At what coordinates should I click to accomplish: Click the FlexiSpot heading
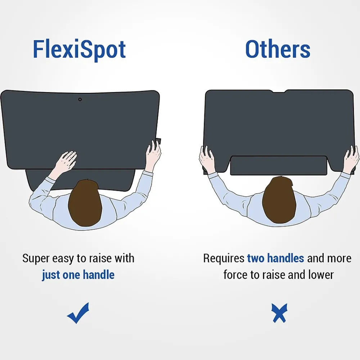tap(79, 50)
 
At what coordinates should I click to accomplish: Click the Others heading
tap(278, 49)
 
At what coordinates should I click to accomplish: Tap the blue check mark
tap(78, 313)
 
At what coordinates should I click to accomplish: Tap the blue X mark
tap(279, 313)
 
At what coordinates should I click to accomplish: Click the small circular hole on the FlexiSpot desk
tap(80, 99)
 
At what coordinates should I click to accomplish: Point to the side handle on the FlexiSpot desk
tap(158, 141)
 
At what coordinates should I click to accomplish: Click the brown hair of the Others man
tap(279, 199)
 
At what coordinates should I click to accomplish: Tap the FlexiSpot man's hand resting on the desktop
tap(66, 161)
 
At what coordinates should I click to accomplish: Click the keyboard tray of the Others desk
tap(279, 165)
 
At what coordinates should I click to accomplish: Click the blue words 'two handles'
tap(275, 258)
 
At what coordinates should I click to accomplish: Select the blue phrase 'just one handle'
tap(78, 275)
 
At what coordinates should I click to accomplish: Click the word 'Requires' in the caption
tap(224, 258)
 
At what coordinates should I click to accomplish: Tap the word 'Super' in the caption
tap(36, 259)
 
